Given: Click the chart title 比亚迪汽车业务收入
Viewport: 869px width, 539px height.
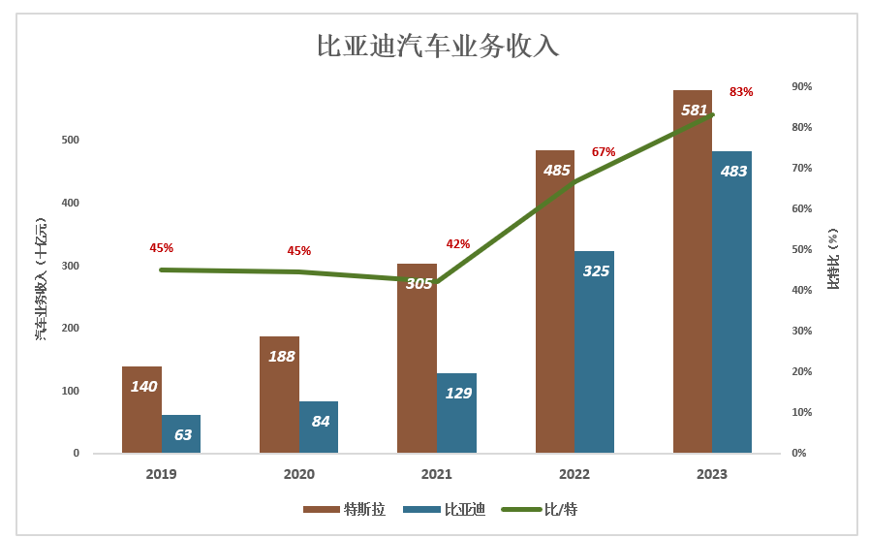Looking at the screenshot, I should click(x=438, y=47).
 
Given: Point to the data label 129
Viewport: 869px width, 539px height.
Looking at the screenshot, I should click(x=458, y=394).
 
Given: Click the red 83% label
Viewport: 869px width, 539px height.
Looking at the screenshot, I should click(x=741, y=92).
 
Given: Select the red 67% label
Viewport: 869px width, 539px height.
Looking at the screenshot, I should click(x=604, y=152).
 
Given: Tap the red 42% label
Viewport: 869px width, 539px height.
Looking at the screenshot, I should click(x=457, y=244).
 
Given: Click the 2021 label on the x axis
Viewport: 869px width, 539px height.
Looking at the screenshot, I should click(x=437, y=474).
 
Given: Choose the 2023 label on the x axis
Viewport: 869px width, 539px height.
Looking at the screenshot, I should click(x=712, y=474).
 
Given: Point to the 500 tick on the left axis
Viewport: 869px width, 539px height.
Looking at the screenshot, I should click(x=70, y=141).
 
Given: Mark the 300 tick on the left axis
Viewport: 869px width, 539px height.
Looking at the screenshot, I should click(x=70, y=266).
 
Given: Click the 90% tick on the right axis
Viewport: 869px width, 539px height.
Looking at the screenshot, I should click(x=802, y=87).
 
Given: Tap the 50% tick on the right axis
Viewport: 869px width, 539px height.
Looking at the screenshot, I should click(x=802, y=250).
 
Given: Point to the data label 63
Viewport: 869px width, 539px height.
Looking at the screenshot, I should click(x=182, y=435).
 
